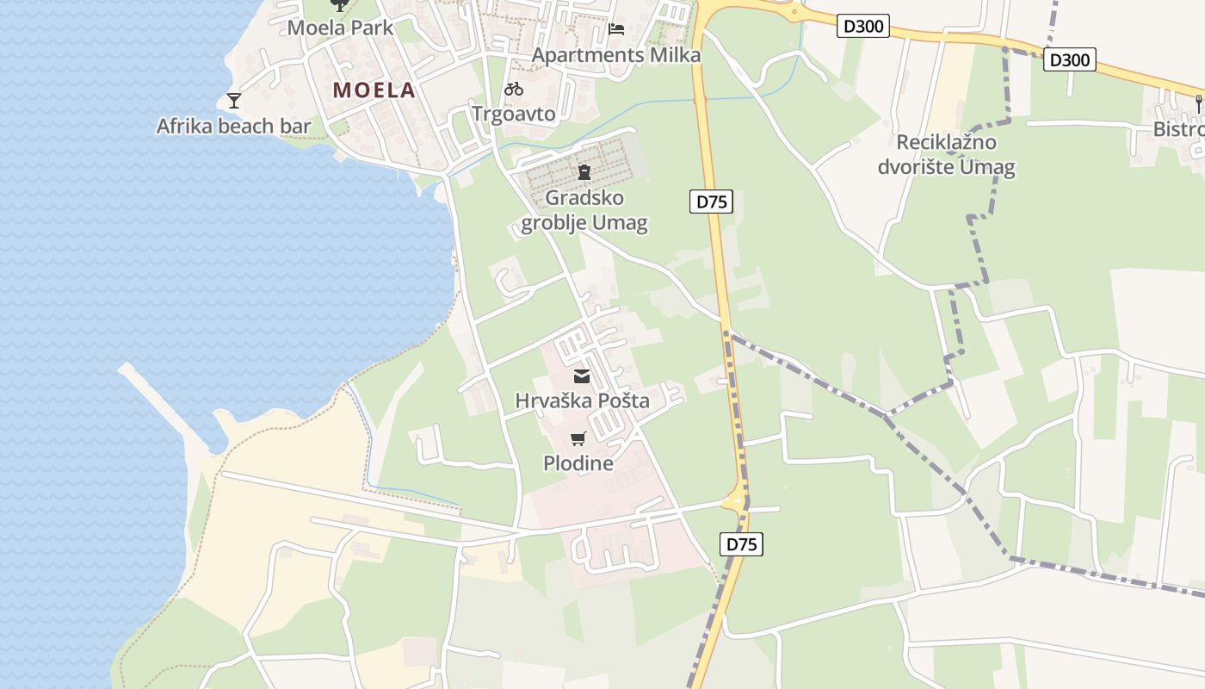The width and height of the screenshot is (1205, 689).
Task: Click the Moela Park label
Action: pos(340,28)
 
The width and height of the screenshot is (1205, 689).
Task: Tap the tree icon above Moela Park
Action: pos(340,4)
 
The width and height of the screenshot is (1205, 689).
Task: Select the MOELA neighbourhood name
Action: pos(374,90)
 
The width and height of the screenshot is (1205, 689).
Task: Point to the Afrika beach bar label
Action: pos(233,127)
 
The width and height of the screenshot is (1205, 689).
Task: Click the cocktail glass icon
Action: pos(233,101)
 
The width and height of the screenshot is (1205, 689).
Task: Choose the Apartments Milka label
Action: pos(615,55)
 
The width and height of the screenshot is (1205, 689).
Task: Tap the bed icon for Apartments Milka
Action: pos(616,28)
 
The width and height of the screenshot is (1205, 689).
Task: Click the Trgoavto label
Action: pos(514,114)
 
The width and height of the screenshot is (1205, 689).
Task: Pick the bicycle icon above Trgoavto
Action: pos(514,88)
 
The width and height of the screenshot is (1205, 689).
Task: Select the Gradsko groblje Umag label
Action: pos(584,210)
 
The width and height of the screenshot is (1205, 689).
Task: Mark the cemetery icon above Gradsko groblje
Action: pos(584,172)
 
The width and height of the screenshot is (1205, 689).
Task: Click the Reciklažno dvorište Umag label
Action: pos(946,154)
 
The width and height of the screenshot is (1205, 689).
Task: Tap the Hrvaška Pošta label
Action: pos(582,400)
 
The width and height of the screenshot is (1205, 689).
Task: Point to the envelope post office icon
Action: pos(582,376)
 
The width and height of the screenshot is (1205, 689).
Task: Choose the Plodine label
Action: pos(578,463)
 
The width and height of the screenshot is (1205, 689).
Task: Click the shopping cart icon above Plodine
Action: pos(578,439)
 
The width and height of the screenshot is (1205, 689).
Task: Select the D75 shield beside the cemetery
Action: pos(711,202)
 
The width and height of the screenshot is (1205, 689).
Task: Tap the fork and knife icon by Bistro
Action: pos(1199,104)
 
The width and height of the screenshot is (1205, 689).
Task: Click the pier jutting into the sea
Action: pos(164,405)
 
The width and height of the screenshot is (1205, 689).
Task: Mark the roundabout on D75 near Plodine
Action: pos(735,500)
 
